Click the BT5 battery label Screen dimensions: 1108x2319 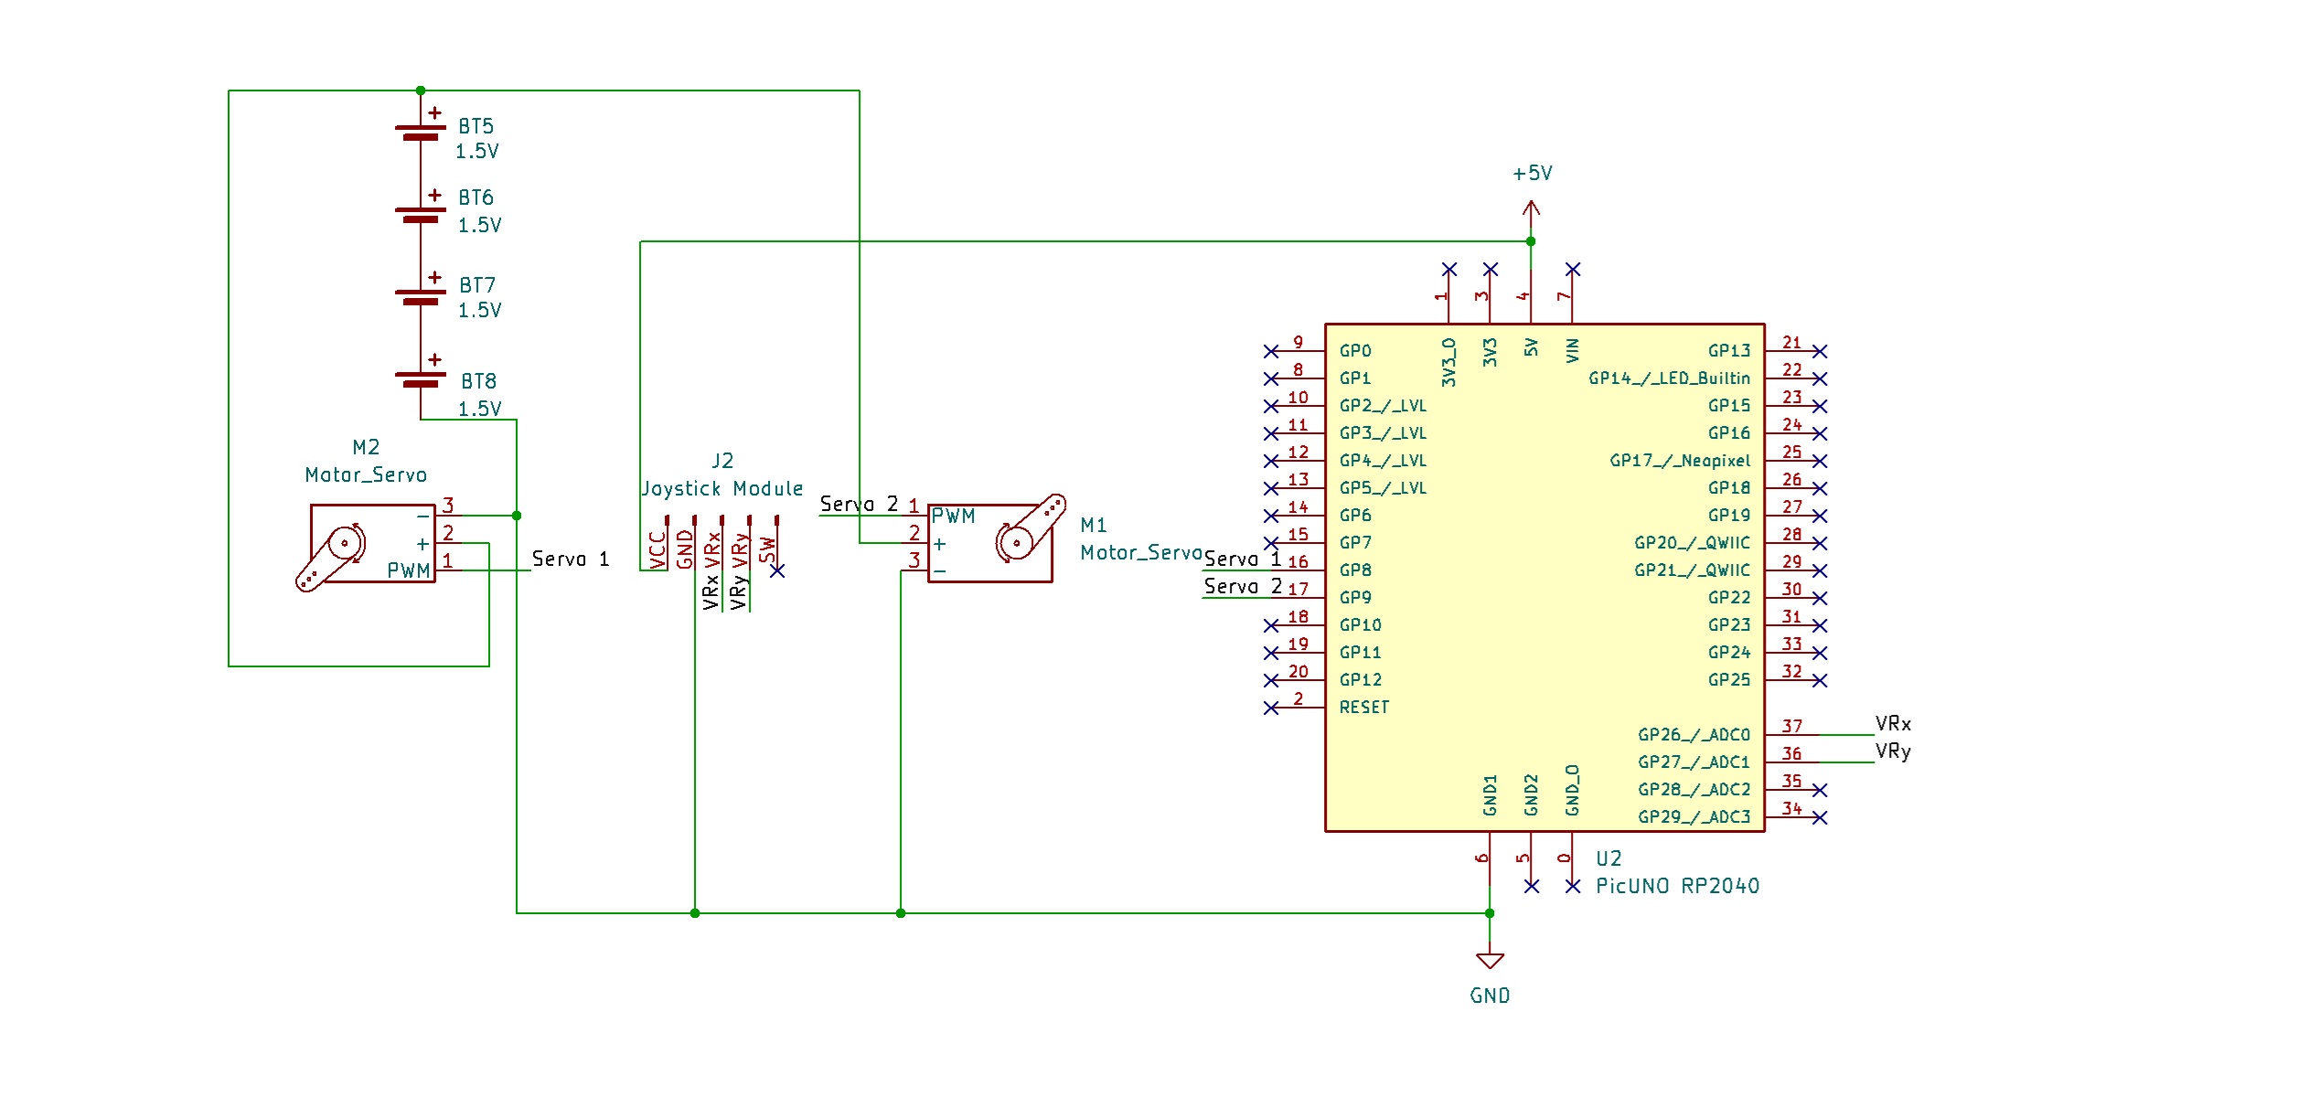click(x=476, y=126)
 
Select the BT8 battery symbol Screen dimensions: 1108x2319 click(x=421, y=378)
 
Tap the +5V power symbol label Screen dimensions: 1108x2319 click(x=1533, y=174)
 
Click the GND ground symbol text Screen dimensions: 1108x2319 click(x=1490, y=996)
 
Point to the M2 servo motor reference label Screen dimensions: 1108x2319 click(x=366, y=447)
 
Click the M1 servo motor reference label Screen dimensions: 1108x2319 click(x=1094, y=525)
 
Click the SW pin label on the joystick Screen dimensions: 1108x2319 click(x=768, y=549)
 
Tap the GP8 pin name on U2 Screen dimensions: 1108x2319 click(x=1355, y=570)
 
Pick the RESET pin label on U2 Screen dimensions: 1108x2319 click(x=1363, y=708)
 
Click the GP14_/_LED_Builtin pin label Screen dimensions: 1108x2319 click(x=1669, y=378)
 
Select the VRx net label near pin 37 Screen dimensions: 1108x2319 click(x=1893, y=724)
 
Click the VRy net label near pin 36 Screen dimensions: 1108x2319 click(x=1893, y=751)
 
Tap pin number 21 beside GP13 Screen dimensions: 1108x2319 click(x=1791, y=343)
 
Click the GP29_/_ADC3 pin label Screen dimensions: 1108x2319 click(x=1694, y=817)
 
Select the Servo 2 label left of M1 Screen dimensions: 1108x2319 click(x=859, y=505)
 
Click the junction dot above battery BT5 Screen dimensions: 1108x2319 click(x=421, y=91)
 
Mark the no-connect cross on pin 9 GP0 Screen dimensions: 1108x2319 click(x=1271, y=351)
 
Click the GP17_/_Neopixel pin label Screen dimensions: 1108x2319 click(x=1680, y=461)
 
